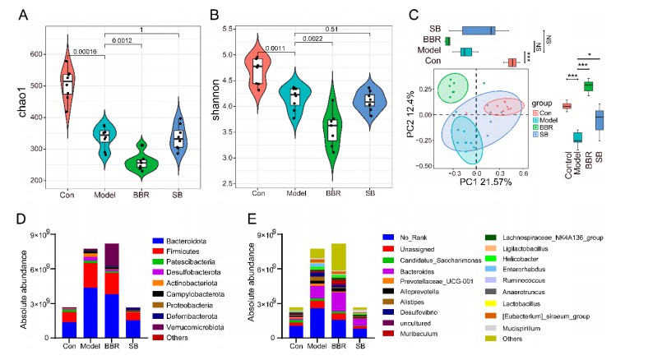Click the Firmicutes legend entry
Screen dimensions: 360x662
tap(196, 249)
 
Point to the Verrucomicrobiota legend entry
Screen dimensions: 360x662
tap(206, 326)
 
